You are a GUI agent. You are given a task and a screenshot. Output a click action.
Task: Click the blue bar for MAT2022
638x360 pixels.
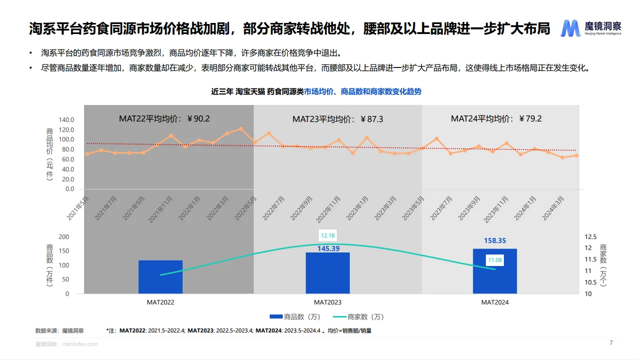tap(160, 276)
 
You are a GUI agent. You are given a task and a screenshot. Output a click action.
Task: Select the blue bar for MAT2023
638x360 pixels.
tap(327, 272)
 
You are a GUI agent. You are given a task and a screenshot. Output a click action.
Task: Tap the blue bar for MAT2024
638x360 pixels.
tap(494, 271)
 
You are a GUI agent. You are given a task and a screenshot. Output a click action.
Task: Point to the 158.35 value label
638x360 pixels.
tap(494, 240)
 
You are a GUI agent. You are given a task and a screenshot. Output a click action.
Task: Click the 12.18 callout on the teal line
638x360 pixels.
tap(328, 235)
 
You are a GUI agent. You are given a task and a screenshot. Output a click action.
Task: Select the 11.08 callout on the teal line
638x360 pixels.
tap(495, 260)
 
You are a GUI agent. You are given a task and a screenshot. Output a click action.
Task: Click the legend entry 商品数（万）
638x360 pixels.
tap(294, 316)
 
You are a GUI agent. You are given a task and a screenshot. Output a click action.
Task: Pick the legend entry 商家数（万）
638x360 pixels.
tap(358, 316)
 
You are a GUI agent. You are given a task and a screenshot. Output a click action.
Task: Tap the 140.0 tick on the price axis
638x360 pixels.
tap(66, 120)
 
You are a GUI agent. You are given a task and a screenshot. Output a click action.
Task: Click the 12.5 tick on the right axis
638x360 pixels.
tap(590, 236)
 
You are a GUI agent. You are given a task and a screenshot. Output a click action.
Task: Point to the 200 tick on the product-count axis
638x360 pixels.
tap(64, 236)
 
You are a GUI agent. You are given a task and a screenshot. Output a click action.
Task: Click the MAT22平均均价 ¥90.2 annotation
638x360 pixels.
tap(164, 119)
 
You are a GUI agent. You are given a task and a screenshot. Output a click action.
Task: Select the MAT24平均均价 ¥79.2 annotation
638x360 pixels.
tap(496, 118)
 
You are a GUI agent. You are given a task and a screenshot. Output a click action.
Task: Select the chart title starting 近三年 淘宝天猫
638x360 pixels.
tap(316, 91)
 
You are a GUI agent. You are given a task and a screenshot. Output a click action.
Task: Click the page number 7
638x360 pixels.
tap(610, 343)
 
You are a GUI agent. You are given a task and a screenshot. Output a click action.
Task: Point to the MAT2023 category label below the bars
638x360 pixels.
tap(327, 302)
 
